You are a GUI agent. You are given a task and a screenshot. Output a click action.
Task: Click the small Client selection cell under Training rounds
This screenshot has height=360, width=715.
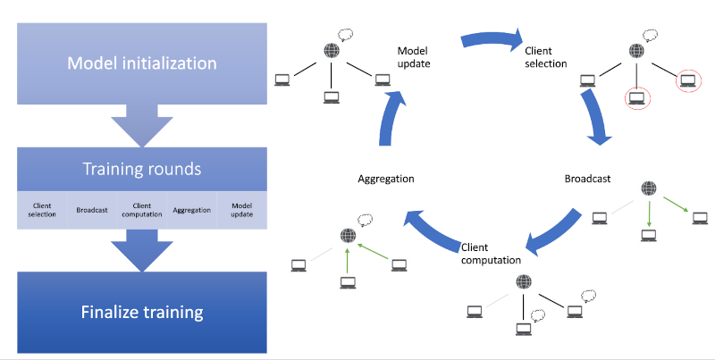tap(42, 210)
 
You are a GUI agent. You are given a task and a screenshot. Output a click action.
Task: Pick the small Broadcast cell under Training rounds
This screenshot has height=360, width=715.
tap(92, 211)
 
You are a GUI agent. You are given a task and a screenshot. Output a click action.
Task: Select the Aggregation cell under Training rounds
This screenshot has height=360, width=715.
tap(192, 211)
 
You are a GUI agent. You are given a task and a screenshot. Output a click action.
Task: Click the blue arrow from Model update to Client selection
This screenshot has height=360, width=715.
tap(492, 39)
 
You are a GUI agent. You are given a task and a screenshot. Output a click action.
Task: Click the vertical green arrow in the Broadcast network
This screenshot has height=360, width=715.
tap(650, 213)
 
